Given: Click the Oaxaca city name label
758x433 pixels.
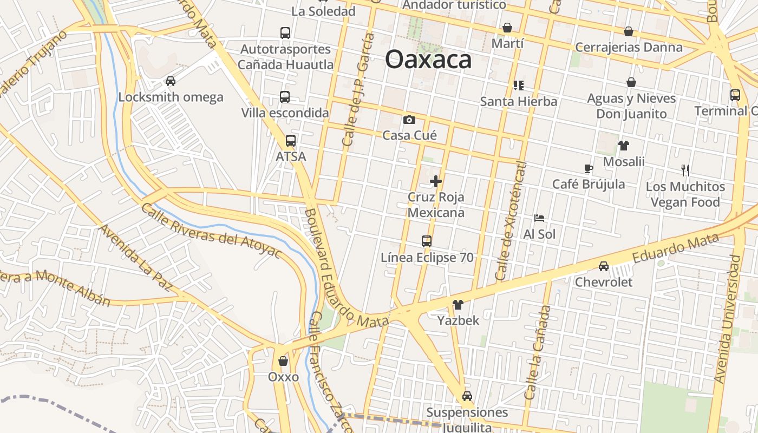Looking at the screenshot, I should click(x=428, y=60).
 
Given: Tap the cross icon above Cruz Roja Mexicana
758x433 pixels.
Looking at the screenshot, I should click(x=436, y=181).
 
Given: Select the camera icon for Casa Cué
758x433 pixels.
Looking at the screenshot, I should click(x=409, y=120).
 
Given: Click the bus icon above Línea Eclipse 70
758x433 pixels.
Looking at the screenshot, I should click(x=427, y=241).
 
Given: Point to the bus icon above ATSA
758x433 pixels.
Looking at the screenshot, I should click(x=291, y=141).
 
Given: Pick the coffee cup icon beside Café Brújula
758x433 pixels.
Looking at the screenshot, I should click(x=588, y=168).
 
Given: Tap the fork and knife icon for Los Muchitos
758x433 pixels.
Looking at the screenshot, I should click(x=685, y=170).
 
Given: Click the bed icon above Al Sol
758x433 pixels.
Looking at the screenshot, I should click(x=539, y=218).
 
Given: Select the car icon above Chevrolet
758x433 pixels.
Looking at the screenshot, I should click(x=604, y=266).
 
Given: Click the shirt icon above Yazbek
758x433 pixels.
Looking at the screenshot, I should click(x=458, y=305).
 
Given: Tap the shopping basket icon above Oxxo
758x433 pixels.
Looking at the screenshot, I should click(x=283, y=361).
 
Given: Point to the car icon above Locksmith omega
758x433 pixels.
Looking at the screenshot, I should click(x=171, y=81).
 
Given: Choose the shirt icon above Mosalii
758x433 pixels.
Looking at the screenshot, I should click(x=624, y=145).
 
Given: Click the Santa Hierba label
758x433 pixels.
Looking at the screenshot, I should click(x=519, y=101).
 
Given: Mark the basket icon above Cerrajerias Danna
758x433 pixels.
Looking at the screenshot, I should click(x=629, y=31).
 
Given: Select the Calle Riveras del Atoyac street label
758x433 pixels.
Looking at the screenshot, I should click(x=212, y=231).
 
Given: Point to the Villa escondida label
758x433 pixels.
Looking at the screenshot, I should click(x=285, y=113).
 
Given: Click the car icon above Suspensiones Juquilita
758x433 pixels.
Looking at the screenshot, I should click(x=467, y=396).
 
